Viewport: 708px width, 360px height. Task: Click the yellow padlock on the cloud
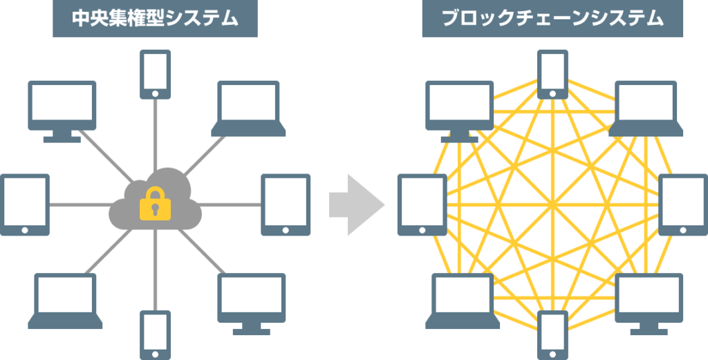(156, 203)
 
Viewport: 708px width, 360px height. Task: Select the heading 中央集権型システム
(155, 19)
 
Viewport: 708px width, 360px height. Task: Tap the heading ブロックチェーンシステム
(552, 19)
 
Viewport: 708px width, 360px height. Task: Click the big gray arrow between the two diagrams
(357, 205)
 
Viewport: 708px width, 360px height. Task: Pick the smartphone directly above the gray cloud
(156, 75)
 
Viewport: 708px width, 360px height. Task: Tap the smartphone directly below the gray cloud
(156, 334)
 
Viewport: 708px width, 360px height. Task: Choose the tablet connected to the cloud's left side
(25, 205)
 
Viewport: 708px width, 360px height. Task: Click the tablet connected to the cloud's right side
(286, 205)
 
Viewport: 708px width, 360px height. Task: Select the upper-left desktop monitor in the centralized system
(62, 112)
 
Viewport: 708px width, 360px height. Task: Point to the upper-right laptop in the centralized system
(248, 108)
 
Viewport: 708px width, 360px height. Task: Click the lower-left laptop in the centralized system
(66, 301)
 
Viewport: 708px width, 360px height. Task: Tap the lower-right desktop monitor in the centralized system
(252, 304)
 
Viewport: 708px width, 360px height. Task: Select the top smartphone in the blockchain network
(552, 75)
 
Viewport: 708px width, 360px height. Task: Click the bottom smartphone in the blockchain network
(552, 334)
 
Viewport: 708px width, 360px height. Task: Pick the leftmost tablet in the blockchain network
(422, 205)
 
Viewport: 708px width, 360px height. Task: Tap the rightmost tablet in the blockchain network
(683, 205)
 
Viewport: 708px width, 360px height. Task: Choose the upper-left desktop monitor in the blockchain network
(460, 112)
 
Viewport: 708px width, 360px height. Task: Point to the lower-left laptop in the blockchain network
(463, 301)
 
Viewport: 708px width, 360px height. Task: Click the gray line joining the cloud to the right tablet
(230, 205)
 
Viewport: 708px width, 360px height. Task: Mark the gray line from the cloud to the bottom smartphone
(156, 269)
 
